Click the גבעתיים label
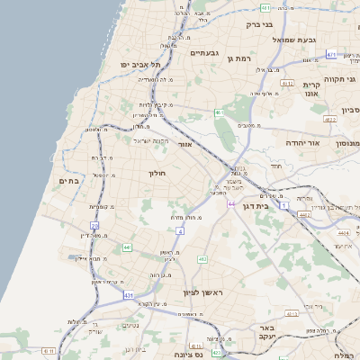pyautogui.click(x=206, y=53)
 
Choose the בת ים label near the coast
pyautogui.click(x=69, y=181)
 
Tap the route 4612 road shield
pyautogui.click(x=288, y=83)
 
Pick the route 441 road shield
pyautogui.click(x=128, y=247)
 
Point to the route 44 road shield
pyautogui.click(x=230, y=204)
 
